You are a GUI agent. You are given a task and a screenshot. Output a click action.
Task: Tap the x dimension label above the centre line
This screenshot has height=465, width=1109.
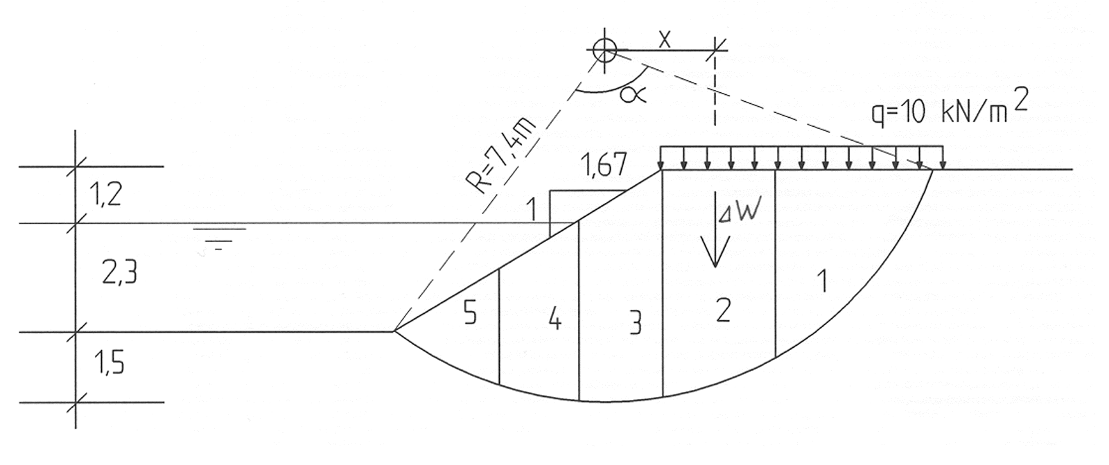pos(665,39)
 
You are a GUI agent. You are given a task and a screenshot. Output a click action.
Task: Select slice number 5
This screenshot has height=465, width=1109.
pos(470,312)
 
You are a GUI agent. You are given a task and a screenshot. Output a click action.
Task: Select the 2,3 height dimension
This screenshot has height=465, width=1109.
pos(119,274)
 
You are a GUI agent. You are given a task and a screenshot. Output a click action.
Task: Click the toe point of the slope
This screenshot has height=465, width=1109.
pos(394,331)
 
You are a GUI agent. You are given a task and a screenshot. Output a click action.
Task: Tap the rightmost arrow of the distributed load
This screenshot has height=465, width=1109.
pos(943,157)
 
